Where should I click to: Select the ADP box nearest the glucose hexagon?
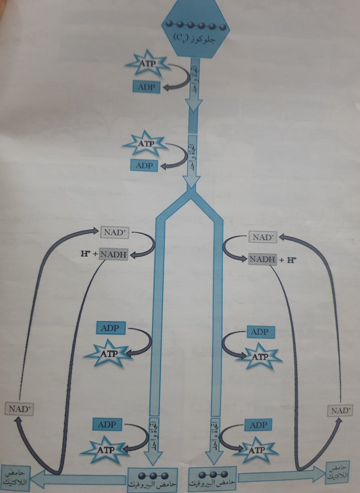click(x=146, y=87)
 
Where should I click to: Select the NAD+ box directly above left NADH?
click(x=115, y=232)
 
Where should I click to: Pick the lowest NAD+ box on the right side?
click(x=340, y=410)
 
